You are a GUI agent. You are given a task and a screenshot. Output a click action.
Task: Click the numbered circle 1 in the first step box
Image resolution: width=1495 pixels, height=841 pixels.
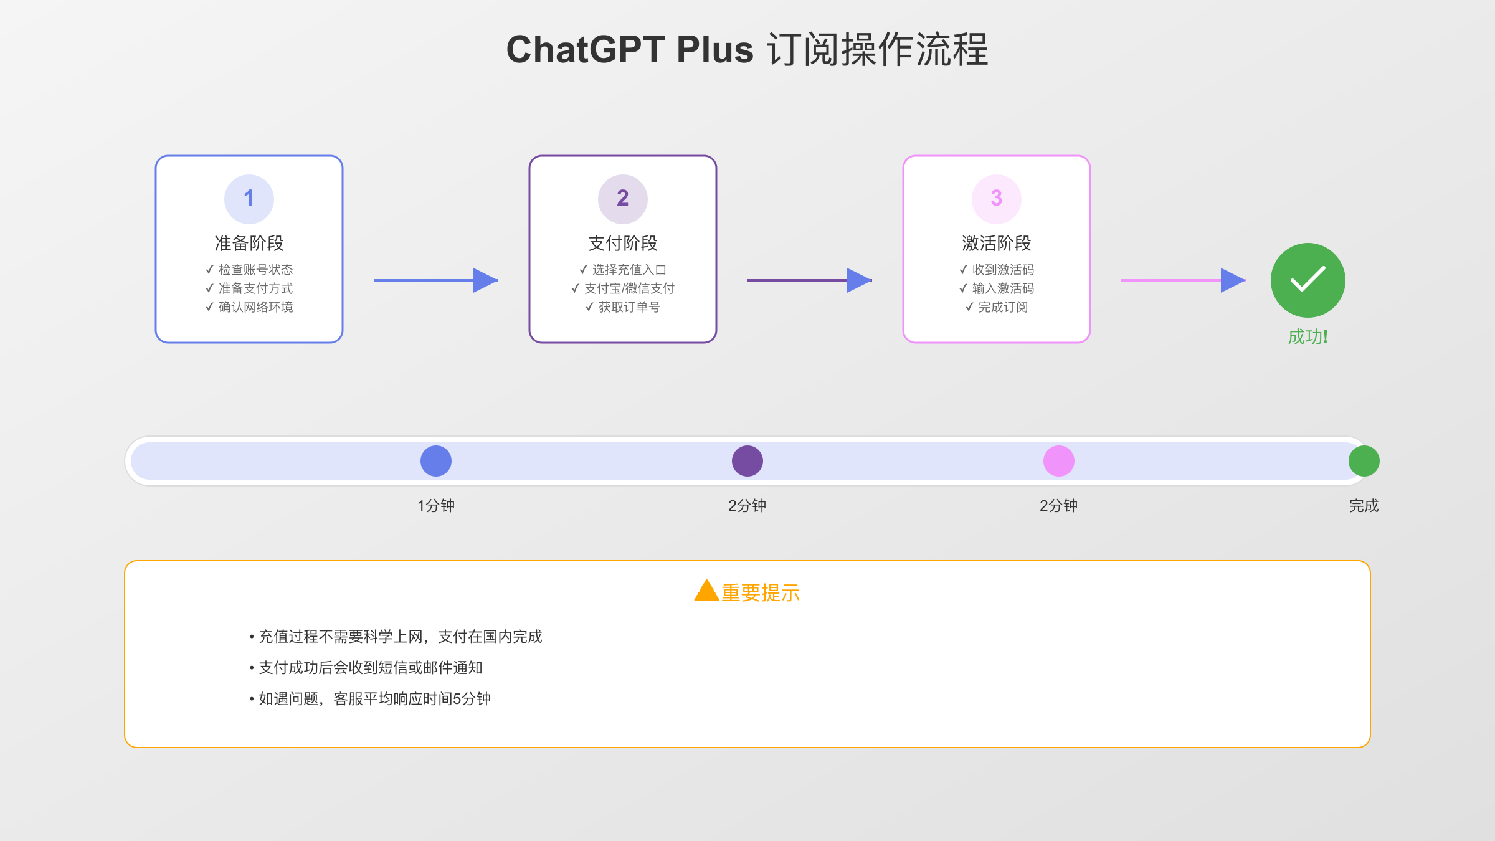pyautogui.click(x=249, y=199)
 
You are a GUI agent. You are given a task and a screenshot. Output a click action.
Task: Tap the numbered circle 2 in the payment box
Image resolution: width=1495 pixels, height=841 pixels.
pyautogui.click(x=623, y=199)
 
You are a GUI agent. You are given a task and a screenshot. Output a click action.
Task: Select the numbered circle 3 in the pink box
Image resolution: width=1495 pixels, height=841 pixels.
pyautogui.click(x=997, y=199)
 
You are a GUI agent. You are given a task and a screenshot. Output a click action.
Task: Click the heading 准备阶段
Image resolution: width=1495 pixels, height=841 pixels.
pyautogui.click(x=249, y=243)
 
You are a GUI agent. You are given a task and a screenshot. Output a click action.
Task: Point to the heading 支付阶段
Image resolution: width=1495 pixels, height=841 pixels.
pyautogui.click(x=623, y=243)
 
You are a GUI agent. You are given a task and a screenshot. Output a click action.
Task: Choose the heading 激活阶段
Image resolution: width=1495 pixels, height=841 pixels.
pyautogui.click(x=997, y=243)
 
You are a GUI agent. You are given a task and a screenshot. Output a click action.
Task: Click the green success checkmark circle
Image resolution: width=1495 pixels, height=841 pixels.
pyautogui.click(x=1308, y=280)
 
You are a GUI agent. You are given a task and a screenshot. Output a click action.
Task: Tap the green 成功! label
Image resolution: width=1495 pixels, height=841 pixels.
pyautogui.click(x=1308, y=337)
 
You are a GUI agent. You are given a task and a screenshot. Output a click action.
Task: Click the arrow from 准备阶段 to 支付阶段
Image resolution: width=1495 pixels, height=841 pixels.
pyautogui.click(x=436, y=280)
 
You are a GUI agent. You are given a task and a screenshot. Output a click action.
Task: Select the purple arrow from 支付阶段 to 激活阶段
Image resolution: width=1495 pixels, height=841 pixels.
pyautogui.click(x=810, y=280)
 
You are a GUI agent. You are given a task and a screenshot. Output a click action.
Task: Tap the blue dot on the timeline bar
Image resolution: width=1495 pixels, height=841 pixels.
pyautogui.click(x=436, y=461)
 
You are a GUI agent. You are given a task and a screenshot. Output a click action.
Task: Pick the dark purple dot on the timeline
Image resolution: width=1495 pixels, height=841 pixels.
pyautogui.click(x=747, y=461)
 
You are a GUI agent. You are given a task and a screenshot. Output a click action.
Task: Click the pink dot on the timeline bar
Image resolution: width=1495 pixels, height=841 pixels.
pyautogui.click(x=1059, y=461)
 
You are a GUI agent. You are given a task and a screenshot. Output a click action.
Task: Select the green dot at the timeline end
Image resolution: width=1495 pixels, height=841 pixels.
pyautogui.click(x=1364, y=461)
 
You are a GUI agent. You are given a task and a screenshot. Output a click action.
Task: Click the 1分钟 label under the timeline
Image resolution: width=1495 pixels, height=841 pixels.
pyautogui.click(x=436, y=506)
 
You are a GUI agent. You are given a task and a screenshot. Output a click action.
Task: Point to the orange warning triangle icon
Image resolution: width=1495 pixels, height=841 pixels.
pyautogui.click(x=706, y=591)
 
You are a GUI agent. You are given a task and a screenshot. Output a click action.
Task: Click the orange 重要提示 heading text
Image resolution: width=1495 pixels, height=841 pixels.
pyautogui.click(x=761, y=593)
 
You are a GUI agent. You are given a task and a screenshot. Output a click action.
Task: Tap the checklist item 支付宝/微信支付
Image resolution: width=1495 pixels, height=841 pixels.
pyautogui.click(x=629, y=288)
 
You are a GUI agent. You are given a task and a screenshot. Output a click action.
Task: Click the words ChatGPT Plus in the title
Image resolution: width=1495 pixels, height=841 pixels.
pyautogui.click(x=630, y=50)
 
